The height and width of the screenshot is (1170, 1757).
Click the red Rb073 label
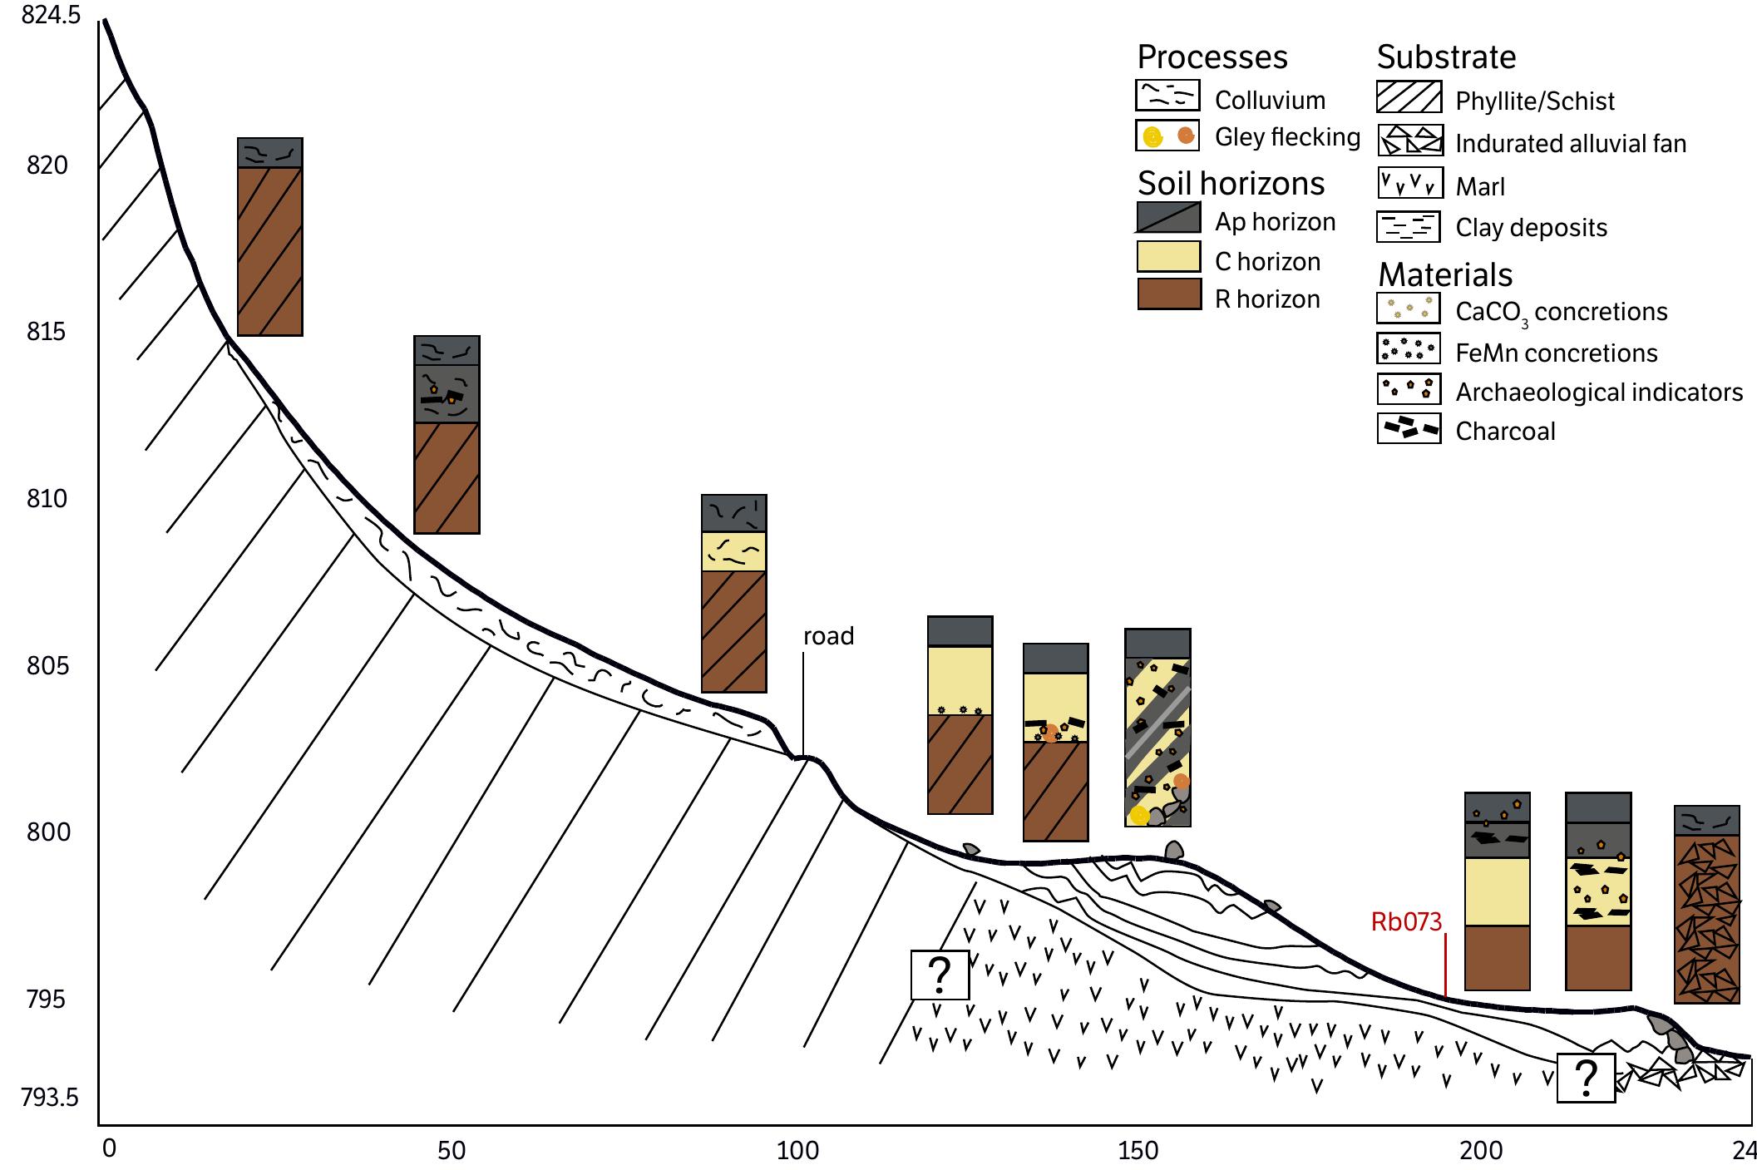1406,921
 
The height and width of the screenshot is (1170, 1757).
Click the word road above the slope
828,636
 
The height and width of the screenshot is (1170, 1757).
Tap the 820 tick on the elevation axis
47,165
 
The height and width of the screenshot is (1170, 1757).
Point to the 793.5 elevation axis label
50,1098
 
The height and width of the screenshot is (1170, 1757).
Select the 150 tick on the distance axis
1138,1150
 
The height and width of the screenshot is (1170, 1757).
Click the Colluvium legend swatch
1167,96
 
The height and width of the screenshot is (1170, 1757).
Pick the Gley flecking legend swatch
1167,136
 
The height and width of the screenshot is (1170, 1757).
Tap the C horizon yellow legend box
1168,256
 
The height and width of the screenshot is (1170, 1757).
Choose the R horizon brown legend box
1168,294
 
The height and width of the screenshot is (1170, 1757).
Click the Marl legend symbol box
1409,183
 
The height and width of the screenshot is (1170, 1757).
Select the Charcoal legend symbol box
1409,428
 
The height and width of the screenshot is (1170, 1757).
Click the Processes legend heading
1212,57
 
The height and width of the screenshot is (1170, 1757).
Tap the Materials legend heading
1445,274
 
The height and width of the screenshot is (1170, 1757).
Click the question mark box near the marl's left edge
940,975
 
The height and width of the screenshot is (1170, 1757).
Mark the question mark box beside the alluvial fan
1585,1078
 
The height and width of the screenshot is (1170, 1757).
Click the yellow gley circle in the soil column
1139,815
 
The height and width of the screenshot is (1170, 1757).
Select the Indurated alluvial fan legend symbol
1409,141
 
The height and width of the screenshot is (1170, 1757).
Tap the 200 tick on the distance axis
1481,1150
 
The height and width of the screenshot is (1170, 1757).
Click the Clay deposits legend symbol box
1409,226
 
